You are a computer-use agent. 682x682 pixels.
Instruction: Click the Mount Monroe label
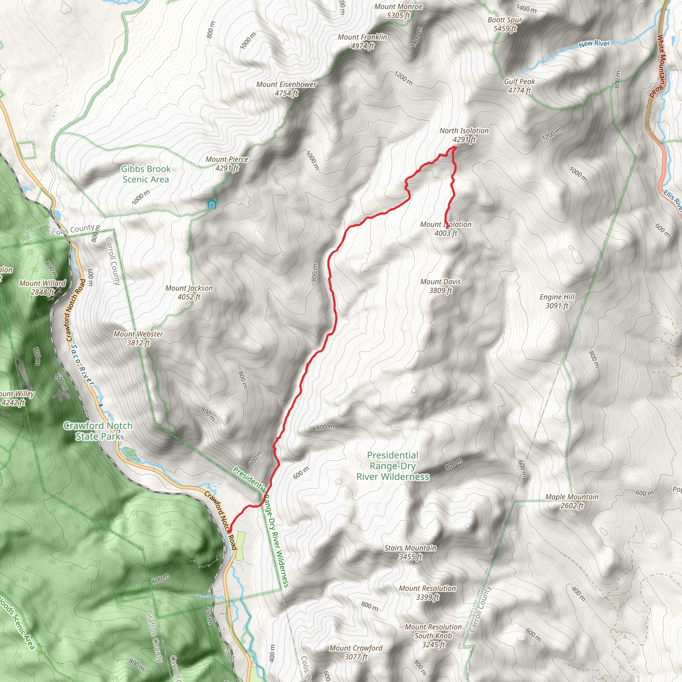click(x=398, y=11)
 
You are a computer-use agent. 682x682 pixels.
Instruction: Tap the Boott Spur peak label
click(x=505, y=24)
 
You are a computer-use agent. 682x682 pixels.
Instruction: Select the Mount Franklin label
click(x=362, y=41)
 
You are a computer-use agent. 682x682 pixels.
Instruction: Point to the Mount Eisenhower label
click(x=286, y=89)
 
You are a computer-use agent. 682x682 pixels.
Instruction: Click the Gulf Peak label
click(x=519, y=86)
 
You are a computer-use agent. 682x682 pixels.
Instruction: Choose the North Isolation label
click(x=464, y=135)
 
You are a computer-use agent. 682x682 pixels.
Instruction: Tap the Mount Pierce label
click(x=227, y=164)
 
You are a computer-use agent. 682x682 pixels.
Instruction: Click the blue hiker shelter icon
click(x=211, y=204)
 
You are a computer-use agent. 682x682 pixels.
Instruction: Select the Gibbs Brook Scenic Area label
click(x=146, y=174)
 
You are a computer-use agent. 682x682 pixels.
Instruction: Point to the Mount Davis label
click(x=441, y=286)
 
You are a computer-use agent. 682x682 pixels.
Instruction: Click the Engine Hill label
click(x=557, y=301)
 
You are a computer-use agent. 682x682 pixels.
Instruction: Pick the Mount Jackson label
click(x=189, y=292)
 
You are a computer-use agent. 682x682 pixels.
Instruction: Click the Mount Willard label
click(x=42, y=287)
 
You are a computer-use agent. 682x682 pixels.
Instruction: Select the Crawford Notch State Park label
click(x=98, y=431)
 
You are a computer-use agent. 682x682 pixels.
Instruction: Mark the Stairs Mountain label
click(x=410, y=552)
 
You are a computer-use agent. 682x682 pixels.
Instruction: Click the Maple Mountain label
click(x=572, y=501)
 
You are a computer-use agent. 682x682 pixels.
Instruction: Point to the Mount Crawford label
click(x=356, y=652)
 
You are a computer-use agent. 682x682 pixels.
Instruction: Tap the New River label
click(x=594, y=44)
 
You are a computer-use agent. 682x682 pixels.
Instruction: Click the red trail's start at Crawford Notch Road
click(x=229, y=531)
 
